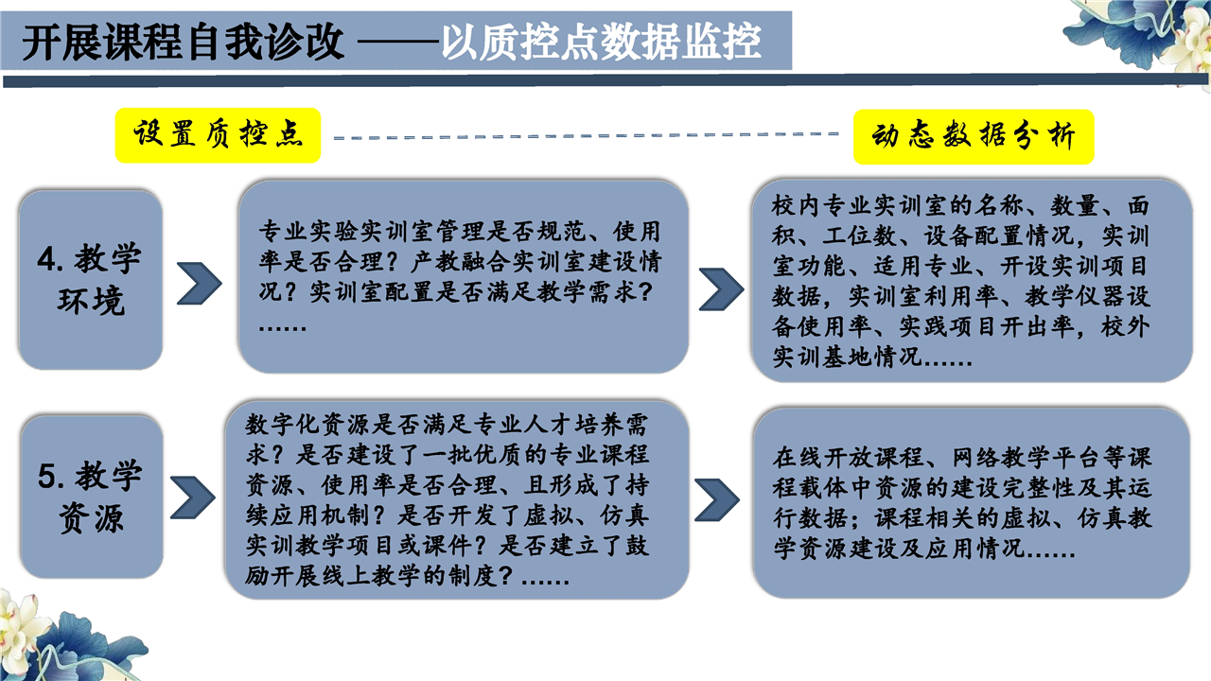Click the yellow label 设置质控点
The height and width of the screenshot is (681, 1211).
pyautogui.click(x=218, y=135)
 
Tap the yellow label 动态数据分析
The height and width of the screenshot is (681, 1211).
pyautogui.click(x=974, y=137)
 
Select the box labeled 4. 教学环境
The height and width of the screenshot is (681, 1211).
pyautogui.click(x=90, y=279)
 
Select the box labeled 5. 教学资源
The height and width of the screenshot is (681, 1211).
pyautogui.click(x=92, y=497)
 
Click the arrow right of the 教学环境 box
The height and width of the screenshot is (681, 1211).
pyautogui.click(x=200, y=283)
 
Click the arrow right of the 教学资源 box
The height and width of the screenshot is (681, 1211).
pyautogui.click(x=193, y=498)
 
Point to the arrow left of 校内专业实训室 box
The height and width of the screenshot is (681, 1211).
pyautogui.click(x=721, y=289)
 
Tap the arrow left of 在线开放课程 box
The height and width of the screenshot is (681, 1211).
pyautogui.click(x=717, y=500)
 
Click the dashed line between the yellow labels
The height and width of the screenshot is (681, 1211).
pyautogui.click(x=586, y=135)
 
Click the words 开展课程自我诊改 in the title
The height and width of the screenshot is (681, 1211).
pyautogui.click(x=183, y=43)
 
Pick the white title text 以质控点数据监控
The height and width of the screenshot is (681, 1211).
pyautogui.click(x=601, y=43)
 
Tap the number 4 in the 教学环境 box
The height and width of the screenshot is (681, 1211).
pyautogui.click(x=46, y=259)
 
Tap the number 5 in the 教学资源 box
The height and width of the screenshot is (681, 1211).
pyautogui.click(x=47, y=476)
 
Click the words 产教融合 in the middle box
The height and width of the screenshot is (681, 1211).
pyautogui.click(x=461, y=262)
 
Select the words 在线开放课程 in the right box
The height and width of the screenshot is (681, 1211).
pyautogui.click(x=848, y=457)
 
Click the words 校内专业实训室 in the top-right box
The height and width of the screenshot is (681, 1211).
pyautogui.click(x=860, y=205)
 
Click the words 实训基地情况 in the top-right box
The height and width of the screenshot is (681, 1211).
pyautogui.click(x=847, y=357)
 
